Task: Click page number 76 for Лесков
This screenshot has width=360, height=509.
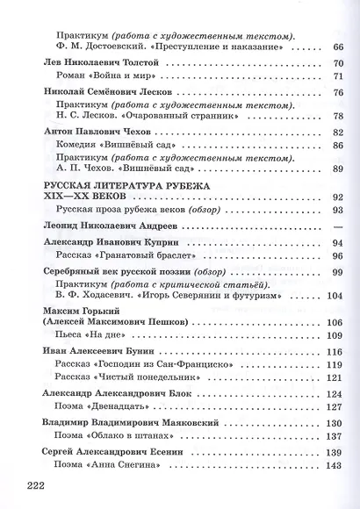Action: pyautogui.click(x=337, y=92)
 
